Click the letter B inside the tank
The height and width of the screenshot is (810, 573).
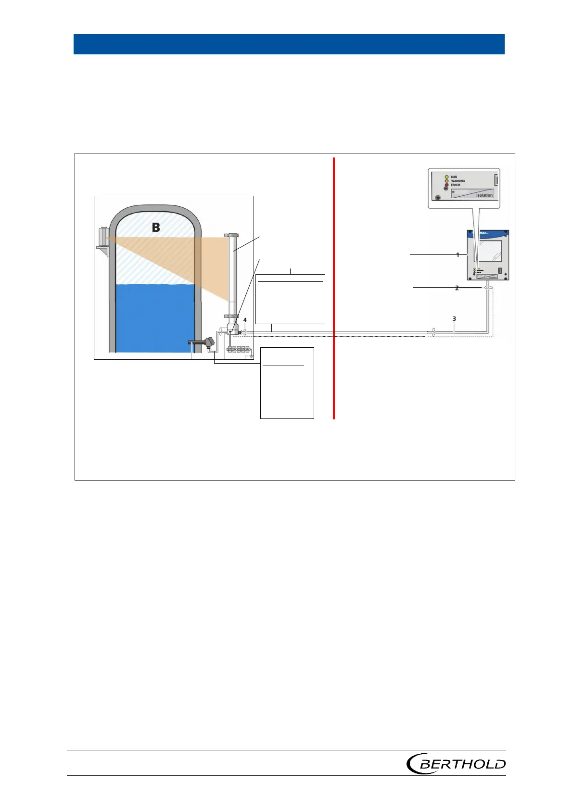pyautogui.click(x=156, y=228)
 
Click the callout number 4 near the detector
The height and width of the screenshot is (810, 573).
pyautogui.click(x=245, y=320)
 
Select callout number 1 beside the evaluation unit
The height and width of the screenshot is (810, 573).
pyautogui.click(x=458, y=254)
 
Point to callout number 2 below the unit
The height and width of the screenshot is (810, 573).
pyautogui.click(x=457, y=288)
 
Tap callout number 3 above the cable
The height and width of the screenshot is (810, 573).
pyautogui.click(x=454, y=318)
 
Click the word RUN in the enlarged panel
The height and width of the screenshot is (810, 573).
pyautogui.click(x=454, y=177)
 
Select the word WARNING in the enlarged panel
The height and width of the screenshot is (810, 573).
pyautogui.click(x=458, y=181)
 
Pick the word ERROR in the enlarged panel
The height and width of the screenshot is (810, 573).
pyautogui.click(x=456, y=185)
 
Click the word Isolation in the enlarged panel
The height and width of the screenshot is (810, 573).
pyautogui.click(x=484, y=195)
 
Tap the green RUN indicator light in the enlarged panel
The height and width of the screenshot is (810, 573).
pyautogui.click(x=447, y=177)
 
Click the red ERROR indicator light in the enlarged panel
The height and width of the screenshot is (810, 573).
pyautogui.click(x=447, y=185)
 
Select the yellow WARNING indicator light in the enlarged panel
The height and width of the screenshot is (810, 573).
pyautogui.click(x=447, y=181)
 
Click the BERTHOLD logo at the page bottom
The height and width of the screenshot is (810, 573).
pyautogui.click(x=456, y=763)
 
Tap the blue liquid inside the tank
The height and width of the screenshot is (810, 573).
pyautogui.click(x=154, y=317)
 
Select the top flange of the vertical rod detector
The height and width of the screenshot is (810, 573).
pyautogui.click(x=231, y=235)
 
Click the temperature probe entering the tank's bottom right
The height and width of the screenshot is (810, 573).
pyautogui.click(x=202, y=342)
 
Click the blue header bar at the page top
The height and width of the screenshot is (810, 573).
pyautogui.click(x=289, y=44)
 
